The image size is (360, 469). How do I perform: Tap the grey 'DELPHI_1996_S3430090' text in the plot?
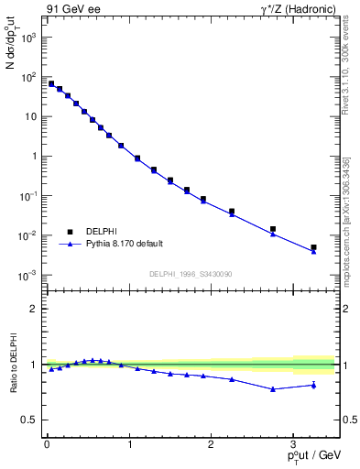click(x=191, y=274)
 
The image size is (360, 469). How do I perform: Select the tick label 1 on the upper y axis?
click(x=34, y=157)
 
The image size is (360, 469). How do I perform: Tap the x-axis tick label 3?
click(x=293, y=442)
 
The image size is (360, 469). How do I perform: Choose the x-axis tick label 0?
click(x=47, y=442)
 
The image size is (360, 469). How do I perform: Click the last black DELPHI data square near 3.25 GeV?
click(x=313, y=247)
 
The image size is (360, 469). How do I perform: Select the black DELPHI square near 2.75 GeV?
click(x=272, y=229)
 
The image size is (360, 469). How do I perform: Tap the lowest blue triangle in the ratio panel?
click(x=272, y=389)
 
